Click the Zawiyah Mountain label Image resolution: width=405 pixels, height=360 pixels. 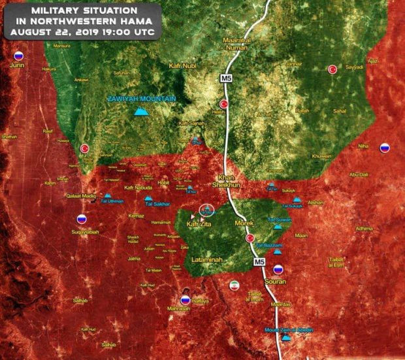[x=142, y=99]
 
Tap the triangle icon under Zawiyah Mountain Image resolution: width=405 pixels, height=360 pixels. [x=139, y=112]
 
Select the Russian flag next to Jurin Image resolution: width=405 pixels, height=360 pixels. [x=18, y=56]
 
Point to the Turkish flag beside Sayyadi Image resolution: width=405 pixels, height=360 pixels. [x=332, y=69]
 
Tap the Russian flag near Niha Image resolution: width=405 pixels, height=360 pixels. [x=385, y=148]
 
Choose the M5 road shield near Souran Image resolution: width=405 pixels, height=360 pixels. [x=258, y=262]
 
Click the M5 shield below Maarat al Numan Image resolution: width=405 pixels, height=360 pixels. [x=225, y=78]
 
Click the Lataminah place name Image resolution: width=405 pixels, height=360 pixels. [x=208, y=260]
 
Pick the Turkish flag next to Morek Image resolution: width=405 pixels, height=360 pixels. [x=250, y=238]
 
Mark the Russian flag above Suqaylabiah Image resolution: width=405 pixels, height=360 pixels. [x=82, y=220]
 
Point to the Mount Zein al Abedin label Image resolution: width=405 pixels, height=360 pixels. [x=289, y=330]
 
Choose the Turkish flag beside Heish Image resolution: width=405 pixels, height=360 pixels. [x=224, y=103]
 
